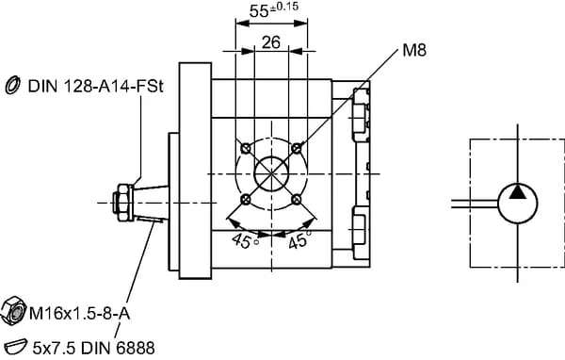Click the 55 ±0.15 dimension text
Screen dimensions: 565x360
click(x=274, y=10)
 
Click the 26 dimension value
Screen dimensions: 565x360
click(x=271, y=42)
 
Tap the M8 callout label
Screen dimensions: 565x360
click(x=414, y=50)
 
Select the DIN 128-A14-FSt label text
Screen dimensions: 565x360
click(x=95, y=87)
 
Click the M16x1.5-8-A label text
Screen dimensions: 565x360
click(x=79, y=314)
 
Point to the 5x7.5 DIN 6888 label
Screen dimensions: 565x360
click(x=93, y=348)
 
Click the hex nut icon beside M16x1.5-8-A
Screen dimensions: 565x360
click(x=14, y=311)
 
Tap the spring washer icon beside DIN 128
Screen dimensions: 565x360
click(x=12, y=85)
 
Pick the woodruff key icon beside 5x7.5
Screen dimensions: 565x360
click(x=14, y=347)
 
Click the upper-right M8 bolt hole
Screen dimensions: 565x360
click(x=297, y=148)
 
